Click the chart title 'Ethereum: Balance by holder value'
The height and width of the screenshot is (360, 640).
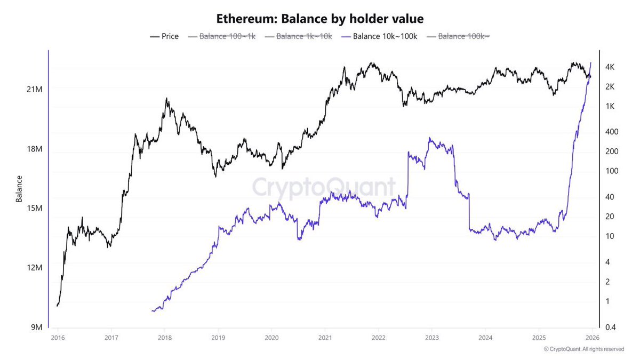click(319, 19)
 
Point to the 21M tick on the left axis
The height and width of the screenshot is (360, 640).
click(34, 89)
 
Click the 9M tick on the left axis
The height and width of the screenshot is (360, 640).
click(34, 327)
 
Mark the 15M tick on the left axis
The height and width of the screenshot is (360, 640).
click(34, 208)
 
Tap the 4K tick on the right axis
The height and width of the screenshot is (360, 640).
click(610, 67)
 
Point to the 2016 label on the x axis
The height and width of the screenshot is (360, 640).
click(58, 338)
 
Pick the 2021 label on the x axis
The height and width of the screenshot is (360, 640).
click(325, 338)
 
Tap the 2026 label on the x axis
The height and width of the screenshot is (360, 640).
click(592, 338)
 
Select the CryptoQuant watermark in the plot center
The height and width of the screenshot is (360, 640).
click(324, 187)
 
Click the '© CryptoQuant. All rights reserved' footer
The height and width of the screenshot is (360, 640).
click(583, 349)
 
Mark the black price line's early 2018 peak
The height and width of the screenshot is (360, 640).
click(166, 99)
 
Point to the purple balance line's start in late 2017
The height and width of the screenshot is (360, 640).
click(153, 310)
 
